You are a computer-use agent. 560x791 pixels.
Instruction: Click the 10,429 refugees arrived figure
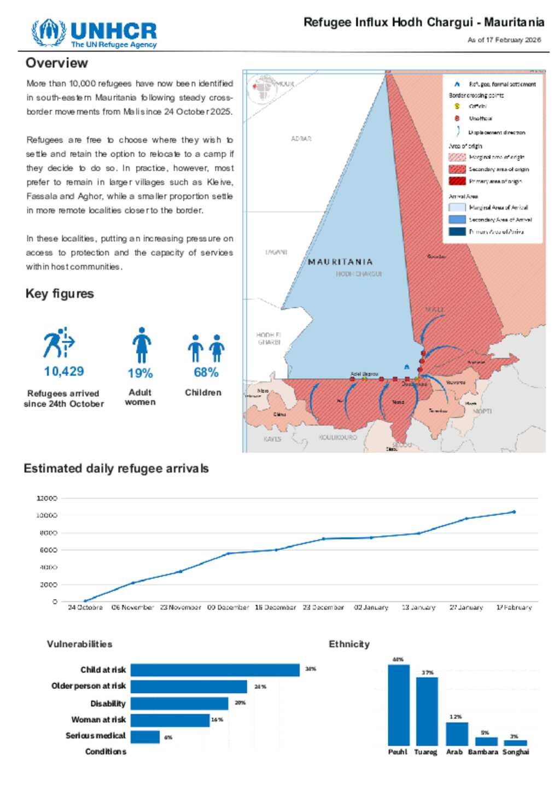point(64,372)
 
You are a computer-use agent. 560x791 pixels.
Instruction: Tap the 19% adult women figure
point(140,373)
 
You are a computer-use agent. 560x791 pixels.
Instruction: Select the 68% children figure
point(206,372)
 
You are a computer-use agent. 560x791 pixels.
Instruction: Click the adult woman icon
point(142,345)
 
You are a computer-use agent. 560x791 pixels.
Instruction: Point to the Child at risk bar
point(215,670)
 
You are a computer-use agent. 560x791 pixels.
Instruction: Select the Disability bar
point(179,703)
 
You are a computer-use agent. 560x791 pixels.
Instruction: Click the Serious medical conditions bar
point(145,737)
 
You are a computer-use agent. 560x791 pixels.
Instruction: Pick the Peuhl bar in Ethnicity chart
point(398,705)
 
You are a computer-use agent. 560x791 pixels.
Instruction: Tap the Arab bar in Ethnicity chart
point(457,734)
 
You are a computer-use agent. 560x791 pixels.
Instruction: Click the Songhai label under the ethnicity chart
point(516,752)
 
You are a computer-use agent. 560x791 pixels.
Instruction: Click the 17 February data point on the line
point(514,512)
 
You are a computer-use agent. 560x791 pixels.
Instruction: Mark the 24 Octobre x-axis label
point(85,607)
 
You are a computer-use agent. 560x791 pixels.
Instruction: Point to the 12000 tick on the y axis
point(46,498)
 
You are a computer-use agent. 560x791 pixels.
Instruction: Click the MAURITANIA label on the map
point(340,262)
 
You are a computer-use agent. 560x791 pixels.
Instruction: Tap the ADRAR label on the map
point(301,139)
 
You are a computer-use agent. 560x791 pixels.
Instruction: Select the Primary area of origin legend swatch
point(457,181)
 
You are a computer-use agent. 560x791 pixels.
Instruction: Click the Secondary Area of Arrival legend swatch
point(457,219)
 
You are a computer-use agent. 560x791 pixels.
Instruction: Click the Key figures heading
point(60,294)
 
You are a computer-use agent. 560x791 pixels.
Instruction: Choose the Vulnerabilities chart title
point(79,644)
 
